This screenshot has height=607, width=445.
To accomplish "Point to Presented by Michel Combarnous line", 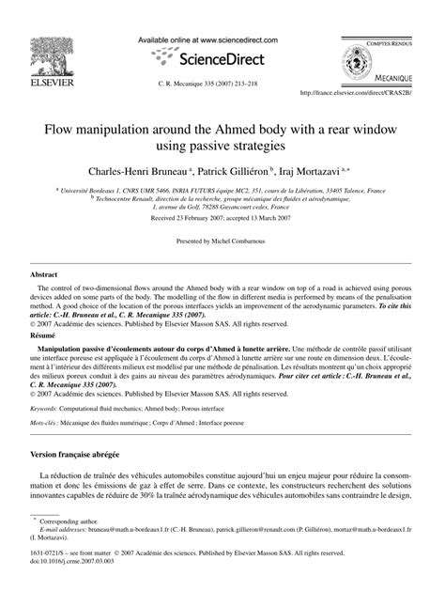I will click(x=222, y=241).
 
